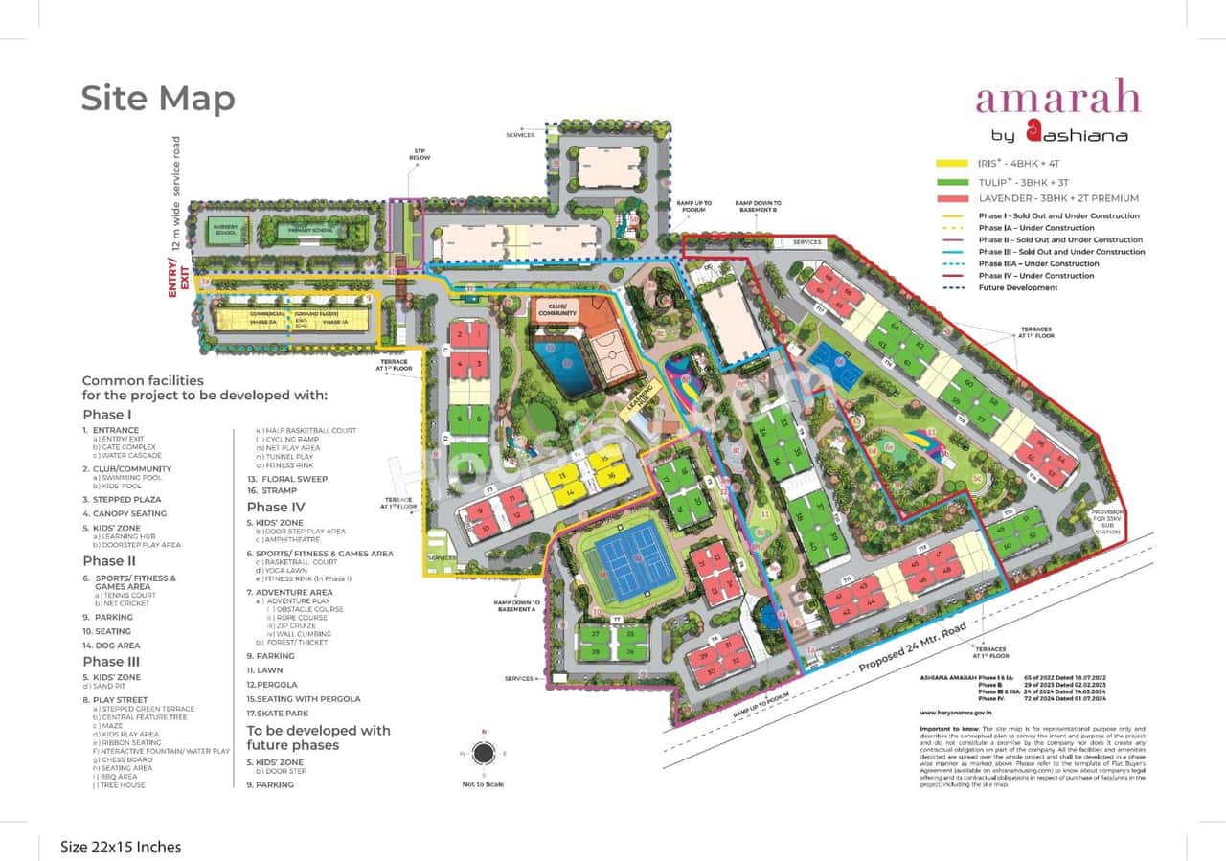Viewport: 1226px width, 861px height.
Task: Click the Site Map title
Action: click(158, 99)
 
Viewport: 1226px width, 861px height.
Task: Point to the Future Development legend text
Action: click(1018, 287)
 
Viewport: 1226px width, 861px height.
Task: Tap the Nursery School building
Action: click(228, 231)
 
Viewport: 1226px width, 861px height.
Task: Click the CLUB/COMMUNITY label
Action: click(557, 309)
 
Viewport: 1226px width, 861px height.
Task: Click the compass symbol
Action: click(484, 753)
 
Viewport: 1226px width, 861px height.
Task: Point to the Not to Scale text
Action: click(483, 784)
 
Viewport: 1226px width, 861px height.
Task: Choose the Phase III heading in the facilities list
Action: click(111, 661)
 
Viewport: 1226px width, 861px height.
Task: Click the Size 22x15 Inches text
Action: click(121, 847)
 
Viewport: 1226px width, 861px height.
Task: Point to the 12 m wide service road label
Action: click(176, 192)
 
